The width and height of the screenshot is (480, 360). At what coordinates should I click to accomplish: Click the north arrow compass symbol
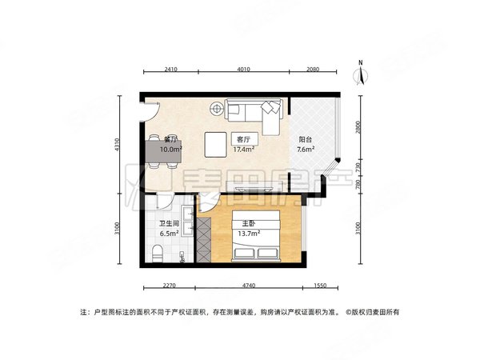pyautogui.click(x=361, y=73)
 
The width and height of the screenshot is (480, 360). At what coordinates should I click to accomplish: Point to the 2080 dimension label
pyautogui.click(x=312, y=70)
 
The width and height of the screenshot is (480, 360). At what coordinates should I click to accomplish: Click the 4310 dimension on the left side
pyautogui.click(x=117, y=145)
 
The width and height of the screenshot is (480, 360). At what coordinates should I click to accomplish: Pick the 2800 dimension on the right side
pyautogui.click(x=360, y=127)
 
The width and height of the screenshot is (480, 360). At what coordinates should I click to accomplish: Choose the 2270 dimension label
pyautogui.click(x=166, y=285)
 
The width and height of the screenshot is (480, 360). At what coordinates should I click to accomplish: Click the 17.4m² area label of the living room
pyautogui.click(x=243, y=149)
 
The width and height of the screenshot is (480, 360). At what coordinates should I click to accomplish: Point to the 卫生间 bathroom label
pyautogui.click(x=168, y=224)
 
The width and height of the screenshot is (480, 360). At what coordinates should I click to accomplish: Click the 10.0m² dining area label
pyautogui.click(x=171, y=149)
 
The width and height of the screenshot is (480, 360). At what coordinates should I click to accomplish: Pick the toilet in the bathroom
pyautogui.click(x=158, y=255)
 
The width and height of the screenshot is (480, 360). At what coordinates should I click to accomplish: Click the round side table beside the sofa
pyautogui.click(x=217, y=107)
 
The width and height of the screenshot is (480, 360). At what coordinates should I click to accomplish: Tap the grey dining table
pyautogui.click(x=163, y=150)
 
